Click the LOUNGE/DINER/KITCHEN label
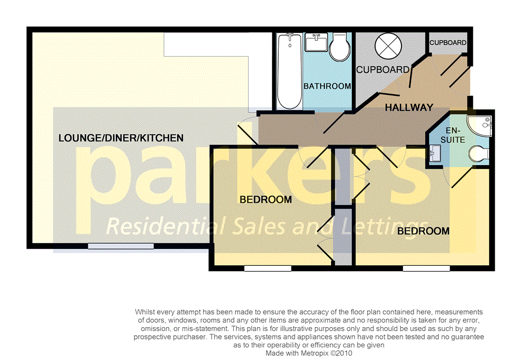pyautogui.click(x=121, y=138)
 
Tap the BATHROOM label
pyautogui.click(x=327, y=86)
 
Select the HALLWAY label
pyautogui.click(x=409, y=107)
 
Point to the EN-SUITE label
pyautogui.click(x=455, y=135)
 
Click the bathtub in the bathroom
pyautogui.click(x=289, y=71)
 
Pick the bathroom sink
pyautogui.click(x=316, y=42)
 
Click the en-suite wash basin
pyautogui.click(x=435, y=154)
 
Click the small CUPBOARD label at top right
pyautogui.click(x=448, y=43)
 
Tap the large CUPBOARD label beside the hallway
pyautogui.click(x=382, y=69)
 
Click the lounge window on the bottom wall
pyautogui.click(x=121, y=246)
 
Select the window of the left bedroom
pyautogui.click(x=268, y=268)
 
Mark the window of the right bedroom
pyautogui.click(x=426, y=268)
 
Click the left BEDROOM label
pyautogui.click(x=266, y=200)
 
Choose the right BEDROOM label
pyautogui.click(x=423, y=231)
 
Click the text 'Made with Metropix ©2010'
pyautogui.click(x=308, y=353)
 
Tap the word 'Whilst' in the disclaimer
pyautogui.click(x=145, y=312)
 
